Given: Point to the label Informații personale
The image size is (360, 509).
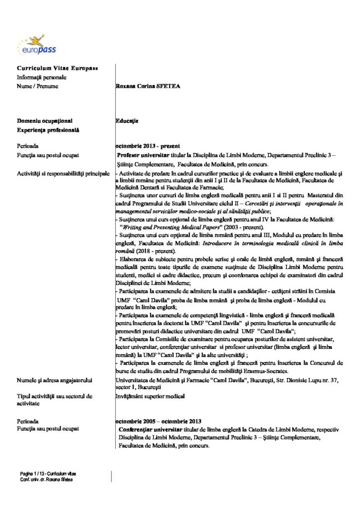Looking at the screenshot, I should pyautogui.click(x=42, y=77).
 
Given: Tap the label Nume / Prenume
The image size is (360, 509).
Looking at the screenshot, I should pyautogui.click(x=38, y=86).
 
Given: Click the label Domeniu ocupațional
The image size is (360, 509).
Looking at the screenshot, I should pyautogui.click(x=45, y=120).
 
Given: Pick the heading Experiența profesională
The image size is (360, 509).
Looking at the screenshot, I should pyautogui.click(x=49, y=130).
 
